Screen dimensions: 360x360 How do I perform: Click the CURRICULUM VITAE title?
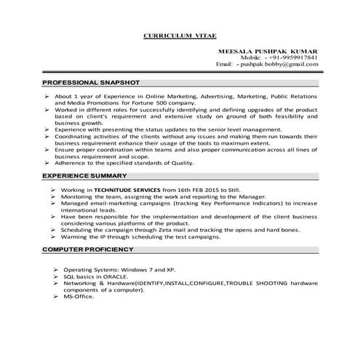[180, 35]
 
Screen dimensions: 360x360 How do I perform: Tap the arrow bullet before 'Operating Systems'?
[57, 270]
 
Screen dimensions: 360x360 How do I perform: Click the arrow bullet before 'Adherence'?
[47, 164]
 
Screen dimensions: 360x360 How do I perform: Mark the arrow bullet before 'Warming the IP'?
[55, 236]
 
